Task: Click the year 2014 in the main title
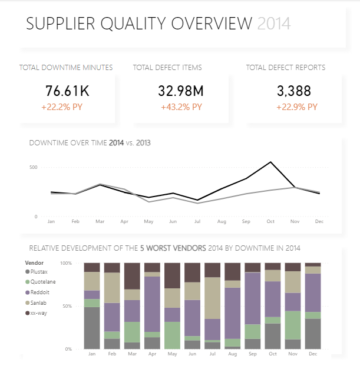(x=274, y=24)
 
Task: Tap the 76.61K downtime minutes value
(x=68, y=91)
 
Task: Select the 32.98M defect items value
(x=181, y=91)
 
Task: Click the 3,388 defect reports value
(x=294, y=91)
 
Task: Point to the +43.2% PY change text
(x=181, y=107)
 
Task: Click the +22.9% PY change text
(x=295, y=107)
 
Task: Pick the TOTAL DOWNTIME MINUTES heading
(x=66, y=68)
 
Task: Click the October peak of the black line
(x=270, y=162)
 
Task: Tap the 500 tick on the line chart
(x=34, y=167)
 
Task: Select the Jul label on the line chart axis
(x=198, y=221)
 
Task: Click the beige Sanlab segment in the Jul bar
(x=212, y=298)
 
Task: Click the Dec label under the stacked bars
(x=313, y=354)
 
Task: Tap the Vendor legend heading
(x=35, y=262)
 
